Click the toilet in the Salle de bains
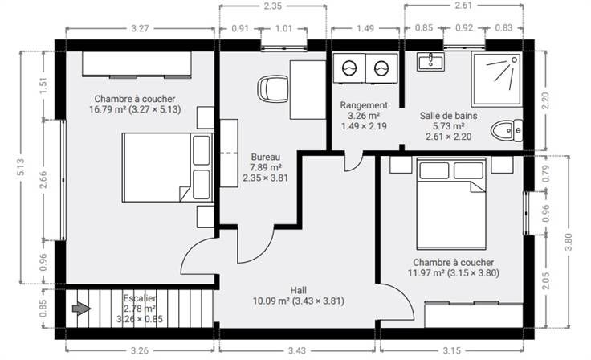pyautogui.click(x=507, y=130)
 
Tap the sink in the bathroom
pyautogui.click(x=430, y=61)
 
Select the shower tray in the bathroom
pyautogui.click(x=497, y=80)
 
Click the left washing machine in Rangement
pyautogui.click(x=349, y=68)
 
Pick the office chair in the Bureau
pyautogui.click(x=273, y=88)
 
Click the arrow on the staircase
pyautogui.click(x=81, y=309)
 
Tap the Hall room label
pyautogui.click(x=298, y=290)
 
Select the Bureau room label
pyautogui.click(x=266, y=157)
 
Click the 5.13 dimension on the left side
pyautogui.click(x=21, y=167)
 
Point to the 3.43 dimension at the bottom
pyautogui.click(x=297, y=350)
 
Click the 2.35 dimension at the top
pyautogui.click(x=273, y=6)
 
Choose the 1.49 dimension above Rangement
pyautogui.click(x=365, y=28)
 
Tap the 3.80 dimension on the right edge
pyautogui.click(x=569, y=242)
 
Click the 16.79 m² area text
pyautogui.click(x=108, y=109)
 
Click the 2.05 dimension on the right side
pyautogui.click(x=546, y=280)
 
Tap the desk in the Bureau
pyautogui.click(x=308, y=90)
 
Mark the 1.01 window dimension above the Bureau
pyautogui.click(x=283, y=28)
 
